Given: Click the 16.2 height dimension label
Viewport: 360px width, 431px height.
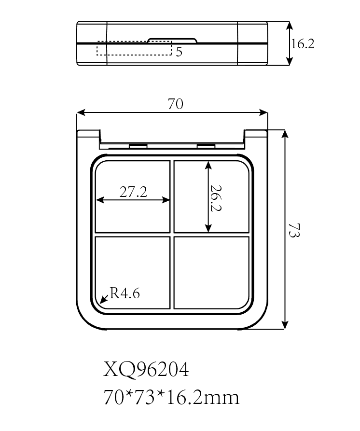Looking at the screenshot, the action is click(303, 44).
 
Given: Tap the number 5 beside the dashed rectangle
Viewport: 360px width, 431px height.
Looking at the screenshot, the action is click(179, 52).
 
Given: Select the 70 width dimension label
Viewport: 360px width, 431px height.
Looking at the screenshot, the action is click(175, 104).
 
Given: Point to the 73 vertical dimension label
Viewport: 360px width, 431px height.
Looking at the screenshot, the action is click(294, 230).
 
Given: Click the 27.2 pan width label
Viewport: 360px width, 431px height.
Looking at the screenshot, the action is click(133, 192).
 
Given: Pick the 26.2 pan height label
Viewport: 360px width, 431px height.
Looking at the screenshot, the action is click(215, 198).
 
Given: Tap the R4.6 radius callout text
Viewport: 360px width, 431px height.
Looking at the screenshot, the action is click(125, 293).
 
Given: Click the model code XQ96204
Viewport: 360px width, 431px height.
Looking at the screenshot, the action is click(146, 369).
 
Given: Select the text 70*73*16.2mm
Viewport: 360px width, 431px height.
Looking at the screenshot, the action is click(171, 397).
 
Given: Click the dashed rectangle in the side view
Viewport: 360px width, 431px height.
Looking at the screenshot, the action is click(134, 48).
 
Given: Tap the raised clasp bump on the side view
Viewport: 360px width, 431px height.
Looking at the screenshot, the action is click(172, 41).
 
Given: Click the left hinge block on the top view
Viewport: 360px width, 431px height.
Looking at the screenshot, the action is click(138, 145).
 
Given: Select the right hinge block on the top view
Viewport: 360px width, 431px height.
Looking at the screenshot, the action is click(206, 145).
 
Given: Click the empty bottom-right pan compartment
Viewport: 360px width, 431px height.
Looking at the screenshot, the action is click(211, 273).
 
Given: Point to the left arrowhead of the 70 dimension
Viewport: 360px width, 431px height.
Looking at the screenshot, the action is click(81, 112).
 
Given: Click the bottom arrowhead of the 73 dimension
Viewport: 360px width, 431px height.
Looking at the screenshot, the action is click(285, 325).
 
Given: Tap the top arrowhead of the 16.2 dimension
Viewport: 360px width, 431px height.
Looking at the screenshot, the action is click(289, 26).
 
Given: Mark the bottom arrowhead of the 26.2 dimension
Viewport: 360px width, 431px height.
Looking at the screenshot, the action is click(208, 228).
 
